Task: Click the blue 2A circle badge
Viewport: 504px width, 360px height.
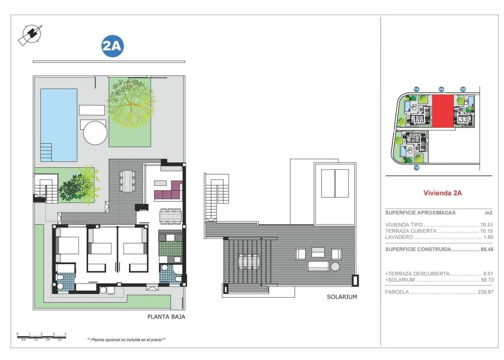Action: tap(112, 47)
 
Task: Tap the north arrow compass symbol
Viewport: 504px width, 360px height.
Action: tap(31, 35)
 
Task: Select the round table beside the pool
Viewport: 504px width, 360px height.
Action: tap(95, 133)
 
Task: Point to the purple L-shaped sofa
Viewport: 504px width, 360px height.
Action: tap(170, 191)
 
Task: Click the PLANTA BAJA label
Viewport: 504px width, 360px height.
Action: tap(166, 317)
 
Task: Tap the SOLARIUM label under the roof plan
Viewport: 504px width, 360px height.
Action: tap(342, 297)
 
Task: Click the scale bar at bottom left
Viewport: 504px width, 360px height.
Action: tap(41, 337)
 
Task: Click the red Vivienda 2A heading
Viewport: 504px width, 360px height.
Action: tap(442, 193)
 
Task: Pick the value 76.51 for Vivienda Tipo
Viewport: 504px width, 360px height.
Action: tap(486, 225)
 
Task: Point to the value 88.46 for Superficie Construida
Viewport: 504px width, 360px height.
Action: tap(486, 249)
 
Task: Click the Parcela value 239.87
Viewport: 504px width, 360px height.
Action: tap(484, 292)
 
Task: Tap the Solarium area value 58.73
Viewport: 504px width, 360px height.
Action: tap(486, 280)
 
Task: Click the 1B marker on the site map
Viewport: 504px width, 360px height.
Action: tap(416, 168)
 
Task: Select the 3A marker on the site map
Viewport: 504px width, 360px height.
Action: tap(463, 89)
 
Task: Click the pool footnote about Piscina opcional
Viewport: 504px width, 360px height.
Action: tap(126, 339)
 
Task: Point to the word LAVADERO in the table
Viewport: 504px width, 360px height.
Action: tap(400, 237)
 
